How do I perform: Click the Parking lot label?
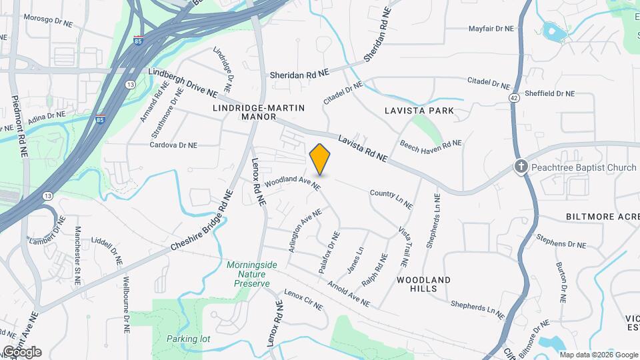tap(188, 339)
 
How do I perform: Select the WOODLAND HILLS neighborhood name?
tap(424, 284)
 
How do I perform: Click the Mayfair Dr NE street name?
tap(491, 29)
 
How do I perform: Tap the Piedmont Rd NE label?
tap(18, 127)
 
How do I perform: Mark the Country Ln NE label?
tap(392, 196)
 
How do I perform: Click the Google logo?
tap(21, 352)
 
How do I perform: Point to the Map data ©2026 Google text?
tap(598, 355)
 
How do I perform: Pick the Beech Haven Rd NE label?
tap(431, 144)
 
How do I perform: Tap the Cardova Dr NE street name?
tap(173, 145)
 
